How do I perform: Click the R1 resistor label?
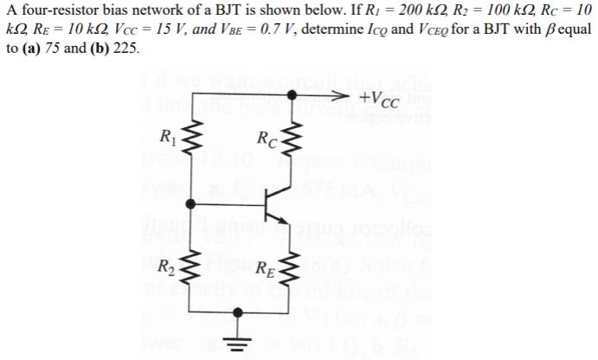coord(165,134)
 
